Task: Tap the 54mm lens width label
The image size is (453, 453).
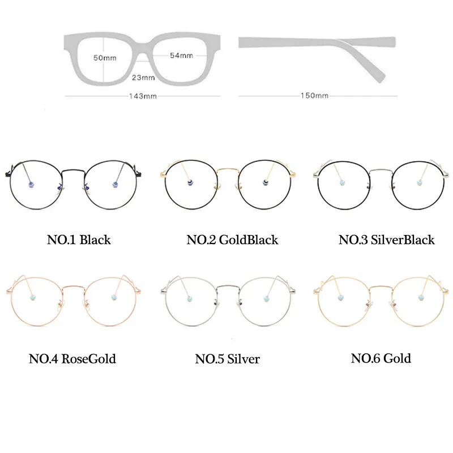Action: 181,55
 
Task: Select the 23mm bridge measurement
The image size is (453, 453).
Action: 143,78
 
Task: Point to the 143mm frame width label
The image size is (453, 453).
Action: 143,96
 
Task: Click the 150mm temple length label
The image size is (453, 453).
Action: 314,96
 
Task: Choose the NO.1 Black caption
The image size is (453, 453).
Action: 78,240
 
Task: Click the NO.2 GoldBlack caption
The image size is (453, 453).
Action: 232,240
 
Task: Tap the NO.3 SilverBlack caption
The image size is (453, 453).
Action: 386,240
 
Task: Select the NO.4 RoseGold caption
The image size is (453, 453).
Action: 72,359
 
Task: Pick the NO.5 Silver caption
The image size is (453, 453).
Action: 227,359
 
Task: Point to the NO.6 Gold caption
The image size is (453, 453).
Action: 381,358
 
